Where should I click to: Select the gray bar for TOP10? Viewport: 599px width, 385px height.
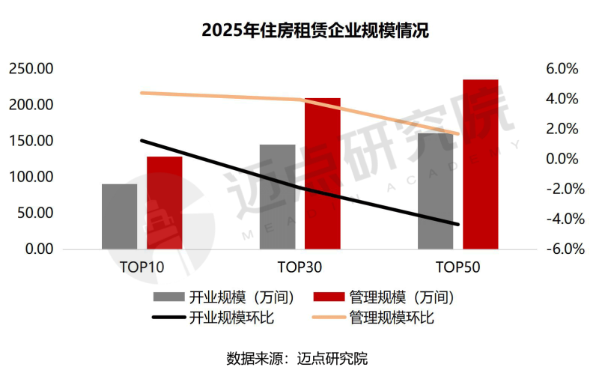[120, 216]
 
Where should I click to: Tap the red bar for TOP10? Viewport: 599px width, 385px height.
[165, 202]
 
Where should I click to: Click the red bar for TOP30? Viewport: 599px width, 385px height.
[323, 173]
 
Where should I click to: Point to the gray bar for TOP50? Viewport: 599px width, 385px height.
[436, 191]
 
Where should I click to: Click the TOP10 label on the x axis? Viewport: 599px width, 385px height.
[142, 267]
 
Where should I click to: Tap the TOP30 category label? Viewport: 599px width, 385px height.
[300, 267]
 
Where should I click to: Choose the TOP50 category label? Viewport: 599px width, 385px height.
[458, 267]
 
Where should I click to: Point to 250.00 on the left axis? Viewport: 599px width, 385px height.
[31, 69]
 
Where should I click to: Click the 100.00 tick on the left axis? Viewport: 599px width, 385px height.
[31, 177]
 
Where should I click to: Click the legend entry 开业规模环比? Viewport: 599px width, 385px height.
[217, 318]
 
